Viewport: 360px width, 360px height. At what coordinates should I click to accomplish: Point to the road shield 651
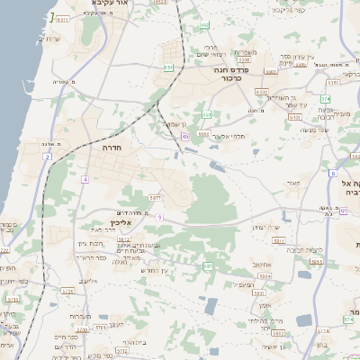click(167, 67)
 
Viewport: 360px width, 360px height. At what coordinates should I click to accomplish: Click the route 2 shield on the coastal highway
click(46, 157)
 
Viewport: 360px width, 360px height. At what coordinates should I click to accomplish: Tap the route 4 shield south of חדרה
click(85, 179)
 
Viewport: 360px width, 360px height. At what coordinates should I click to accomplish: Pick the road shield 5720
click(66, 292)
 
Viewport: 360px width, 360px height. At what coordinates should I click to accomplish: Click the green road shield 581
click(208, 266)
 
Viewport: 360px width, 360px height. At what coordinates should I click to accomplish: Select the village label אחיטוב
click(263, 265)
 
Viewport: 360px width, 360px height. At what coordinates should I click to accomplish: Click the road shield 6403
click(294, 116)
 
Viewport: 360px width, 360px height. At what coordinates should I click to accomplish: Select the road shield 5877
click(155, 197)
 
